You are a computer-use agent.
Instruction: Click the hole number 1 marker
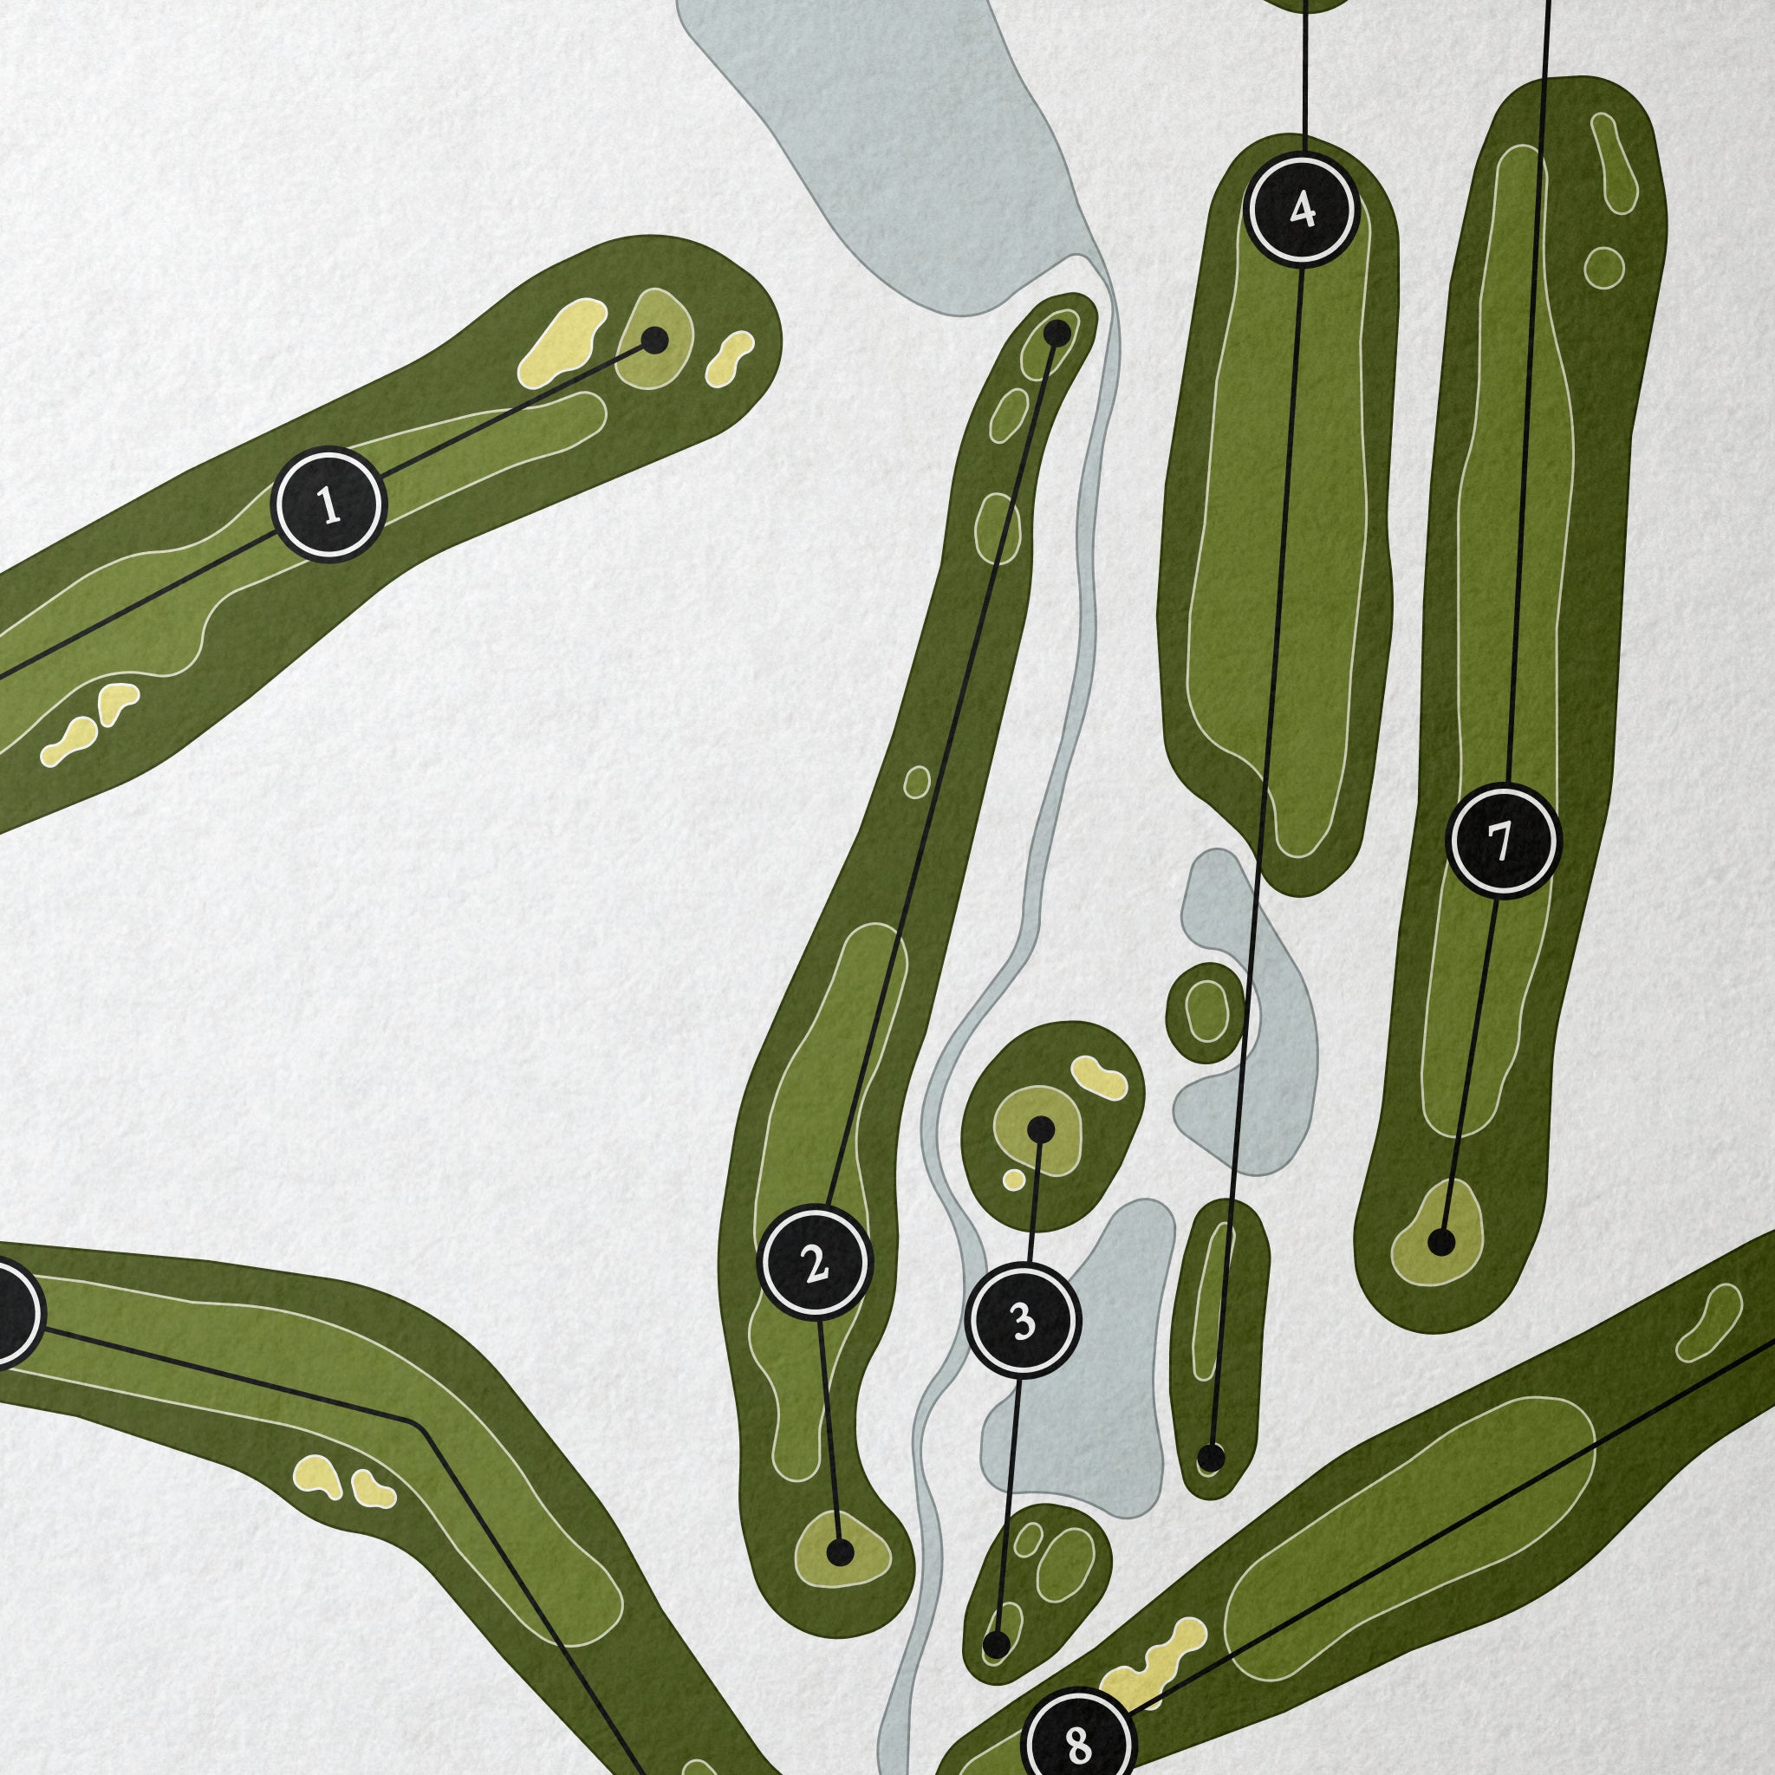point(328,504)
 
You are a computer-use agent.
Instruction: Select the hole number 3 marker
point(1024,1320)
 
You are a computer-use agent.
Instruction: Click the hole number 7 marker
point(1503,840)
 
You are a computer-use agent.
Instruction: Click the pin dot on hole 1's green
point(654,341)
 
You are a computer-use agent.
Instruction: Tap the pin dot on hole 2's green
point(840,1552)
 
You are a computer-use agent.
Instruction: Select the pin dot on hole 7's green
point(1442,1244)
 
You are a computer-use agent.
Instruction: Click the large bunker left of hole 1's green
point(562,343)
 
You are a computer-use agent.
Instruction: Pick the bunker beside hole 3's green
point(1099,1076)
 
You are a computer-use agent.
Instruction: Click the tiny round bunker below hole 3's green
point(1013,1179)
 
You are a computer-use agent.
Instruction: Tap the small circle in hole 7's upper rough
point(1604,265)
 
